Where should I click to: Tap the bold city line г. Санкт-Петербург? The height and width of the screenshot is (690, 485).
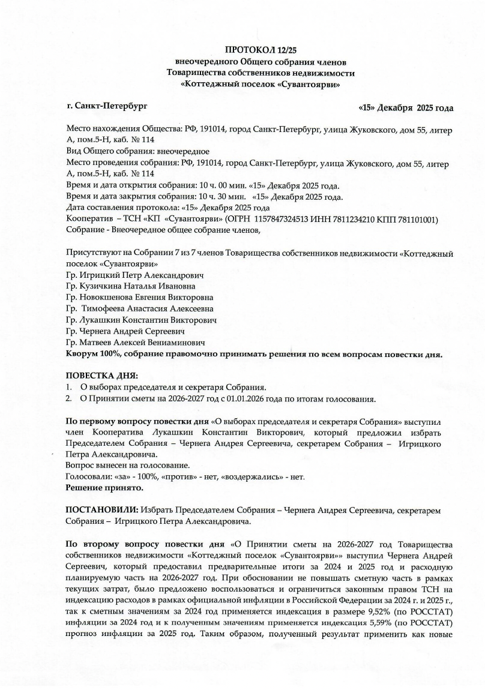pos(107,106)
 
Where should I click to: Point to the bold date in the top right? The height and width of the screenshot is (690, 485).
pos(405,108)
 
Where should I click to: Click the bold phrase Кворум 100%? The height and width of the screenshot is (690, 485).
pos(93,354)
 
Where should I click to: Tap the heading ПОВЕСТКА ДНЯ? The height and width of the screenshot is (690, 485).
pos(97,376)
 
